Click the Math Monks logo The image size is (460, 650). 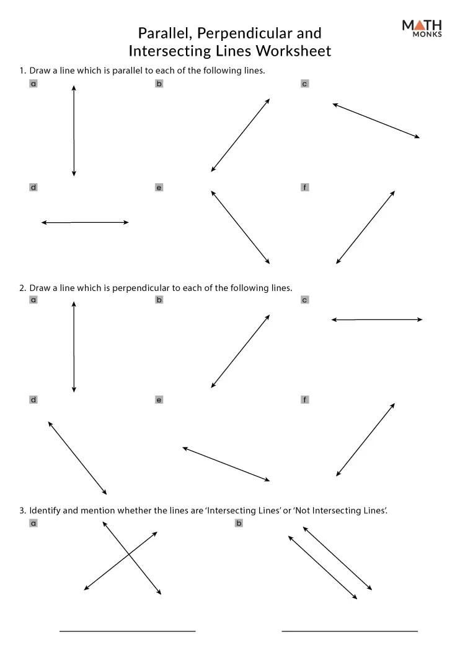point(422,28)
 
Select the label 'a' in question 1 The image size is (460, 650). point(33,84)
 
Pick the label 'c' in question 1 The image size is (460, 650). point(304,84)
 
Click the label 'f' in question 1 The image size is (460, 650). point(304,187)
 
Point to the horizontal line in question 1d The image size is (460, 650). point(85,222)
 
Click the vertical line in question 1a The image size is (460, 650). point(74,131)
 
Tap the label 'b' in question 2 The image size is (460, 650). point(159,300)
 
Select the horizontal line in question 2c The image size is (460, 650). point(377,319)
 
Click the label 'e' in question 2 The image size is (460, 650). point(159,400)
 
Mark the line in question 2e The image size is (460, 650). point(226,464)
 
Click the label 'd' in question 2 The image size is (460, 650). point(33,400)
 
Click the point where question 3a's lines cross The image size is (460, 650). point(128,555)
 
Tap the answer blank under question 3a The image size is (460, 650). point(127,630)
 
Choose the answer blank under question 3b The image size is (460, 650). point(350,630)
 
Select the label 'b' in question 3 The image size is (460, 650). point(239,523)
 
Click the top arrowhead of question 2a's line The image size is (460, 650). point(74,304)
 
